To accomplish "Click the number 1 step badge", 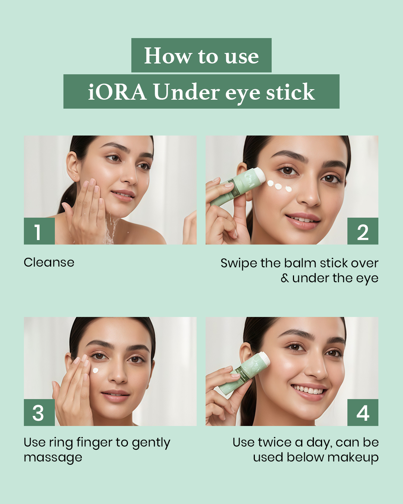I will point(39,231).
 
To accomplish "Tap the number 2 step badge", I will point(363,231).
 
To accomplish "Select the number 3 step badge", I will point(38,413).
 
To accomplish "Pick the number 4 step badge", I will point(363,413).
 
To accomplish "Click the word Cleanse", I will point(49,262).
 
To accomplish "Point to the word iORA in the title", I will point(117,92).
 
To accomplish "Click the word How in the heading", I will point(168,56).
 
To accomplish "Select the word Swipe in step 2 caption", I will point(239,263).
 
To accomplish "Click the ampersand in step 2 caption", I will point(285,278).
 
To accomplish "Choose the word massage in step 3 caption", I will point(53,458).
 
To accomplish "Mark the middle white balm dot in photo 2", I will point(278,186).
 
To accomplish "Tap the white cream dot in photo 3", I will point(96,371).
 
